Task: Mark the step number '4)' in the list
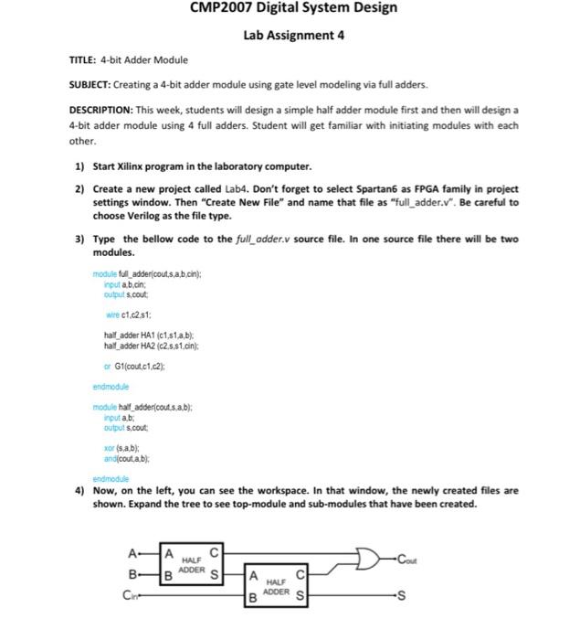tap(80, 491)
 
